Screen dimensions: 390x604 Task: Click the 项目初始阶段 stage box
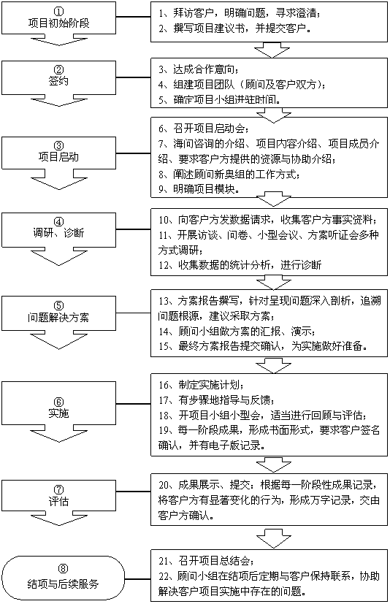coord(58,18)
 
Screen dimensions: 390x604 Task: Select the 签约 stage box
coord(58,77)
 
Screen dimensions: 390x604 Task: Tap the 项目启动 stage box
coord(58,153)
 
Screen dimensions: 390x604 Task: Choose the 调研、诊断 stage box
coord(58,230)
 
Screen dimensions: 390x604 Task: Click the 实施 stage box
coord(58,403)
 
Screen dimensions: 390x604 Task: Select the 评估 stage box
coord(58,496)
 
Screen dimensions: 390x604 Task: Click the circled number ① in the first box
coord(59,11)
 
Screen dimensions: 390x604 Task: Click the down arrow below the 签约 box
coord(58,100)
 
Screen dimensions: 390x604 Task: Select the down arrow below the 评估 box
coord(58,519)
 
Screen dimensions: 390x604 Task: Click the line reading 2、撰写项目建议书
coord(234,28)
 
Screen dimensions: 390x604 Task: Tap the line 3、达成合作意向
coord(199,69)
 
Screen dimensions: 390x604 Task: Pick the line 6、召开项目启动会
coord(204,129)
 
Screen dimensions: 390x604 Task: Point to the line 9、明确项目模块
coord(199,189)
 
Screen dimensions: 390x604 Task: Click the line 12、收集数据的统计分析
coord(240,265)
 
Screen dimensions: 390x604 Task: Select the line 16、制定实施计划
coord(201,385)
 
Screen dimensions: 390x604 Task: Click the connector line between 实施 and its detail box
coord(134,404)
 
